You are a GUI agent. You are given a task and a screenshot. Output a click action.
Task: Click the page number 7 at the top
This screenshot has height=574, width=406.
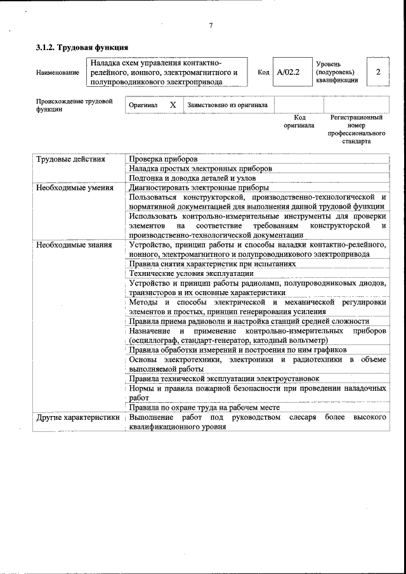point(210,26)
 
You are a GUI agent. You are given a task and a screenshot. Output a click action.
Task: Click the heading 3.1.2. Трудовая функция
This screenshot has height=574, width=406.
point(82,48)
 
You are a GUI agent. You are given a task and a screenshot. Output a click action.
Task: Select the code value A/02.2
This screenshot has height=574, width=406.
point(288,72)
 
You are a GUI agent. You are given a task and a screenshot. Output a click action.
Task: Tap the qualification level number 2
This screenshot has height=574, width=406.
point(378,72)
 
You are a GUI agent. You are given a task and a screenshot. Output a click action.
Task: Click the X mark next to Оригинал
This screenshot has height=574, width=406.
point(173,105)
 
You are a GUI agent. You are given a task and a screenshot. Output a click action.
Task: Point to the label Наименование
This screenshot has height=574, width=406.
point(58,72)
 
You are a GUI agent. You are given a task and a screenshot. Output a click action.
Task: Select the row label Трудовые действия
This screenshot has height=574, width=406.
point(70,159)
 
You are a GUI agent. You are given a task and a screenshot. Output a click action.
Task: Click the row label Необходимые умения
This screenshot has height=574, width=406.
point(75,188)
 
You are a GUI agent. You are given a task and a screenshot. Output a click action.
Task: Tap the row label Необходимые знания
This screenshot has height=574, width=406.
point(74,245)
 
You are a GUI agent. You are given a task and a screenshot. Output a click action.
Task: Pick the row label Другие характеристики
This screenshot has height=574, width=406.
point(78,418)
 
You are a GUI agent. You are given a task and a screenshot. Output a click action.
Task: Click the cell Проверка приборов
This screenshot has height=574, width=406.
point(163,159)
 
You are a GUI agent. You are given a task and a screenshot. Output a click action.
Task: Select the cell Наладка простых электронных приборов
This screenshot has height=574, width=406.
point(200,169)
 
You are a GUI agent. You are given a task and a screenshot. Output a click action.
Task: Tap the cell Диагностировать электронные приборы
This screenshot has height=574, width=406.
point(199,188)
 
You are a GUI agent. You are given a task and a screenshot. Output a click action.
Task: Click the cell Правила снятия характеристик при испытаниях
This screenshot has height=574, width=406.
point(212,263)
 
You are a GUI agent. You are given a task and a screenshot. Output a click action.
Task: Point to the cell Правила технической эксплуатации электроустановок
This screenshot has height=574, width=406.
point(224,379)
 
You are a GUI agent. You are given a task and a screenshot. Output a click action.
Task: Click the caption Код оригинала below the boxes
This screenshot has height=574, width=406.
point(299,121)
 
